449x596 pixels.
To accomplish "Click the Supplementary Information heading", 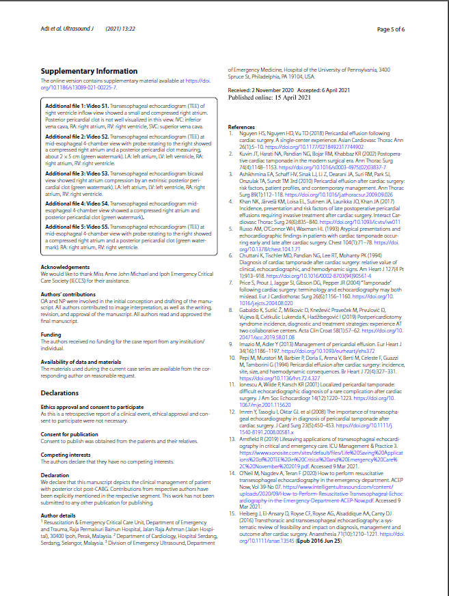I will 89,71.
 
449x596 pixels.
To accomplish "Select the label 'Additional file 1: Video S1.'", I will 77,107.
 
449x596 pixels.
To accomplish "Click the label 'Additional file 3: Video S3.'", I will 77,174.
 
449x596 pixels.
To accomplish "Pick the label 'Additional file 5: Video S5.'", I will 77,226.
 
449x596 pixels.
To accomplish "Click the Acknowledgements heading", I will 66,267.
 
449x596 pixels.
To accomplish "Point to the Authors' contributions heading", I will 68,293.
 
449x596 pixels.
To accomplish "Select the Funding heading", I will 51,335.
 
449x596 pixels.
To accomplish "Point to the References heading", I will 241,128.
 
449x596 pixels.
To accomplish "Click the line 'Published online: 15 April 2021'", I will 269,98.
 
